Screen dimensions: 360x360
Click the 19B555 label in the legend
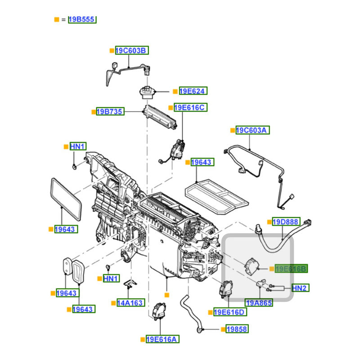83,19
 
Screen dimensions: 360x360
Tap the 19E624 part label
193,91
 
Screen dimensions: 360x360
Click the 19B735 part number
110,111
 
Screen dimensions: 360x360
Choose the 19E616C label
189,108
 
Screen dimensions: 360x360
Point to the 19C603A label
253,130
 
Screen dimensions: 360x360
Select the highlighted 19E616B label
291,269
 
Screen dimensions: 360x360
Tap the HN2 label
300,288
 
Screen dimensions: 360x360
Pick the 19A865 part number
258,303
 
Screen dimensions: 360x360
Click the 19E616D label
230,312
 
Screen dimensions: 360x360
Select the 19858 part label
237,329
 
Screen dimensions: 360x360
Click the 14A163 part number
131,303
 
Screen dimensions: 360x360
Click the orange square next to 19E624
175,91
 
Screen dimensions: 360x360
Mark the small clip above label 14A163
130,284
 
